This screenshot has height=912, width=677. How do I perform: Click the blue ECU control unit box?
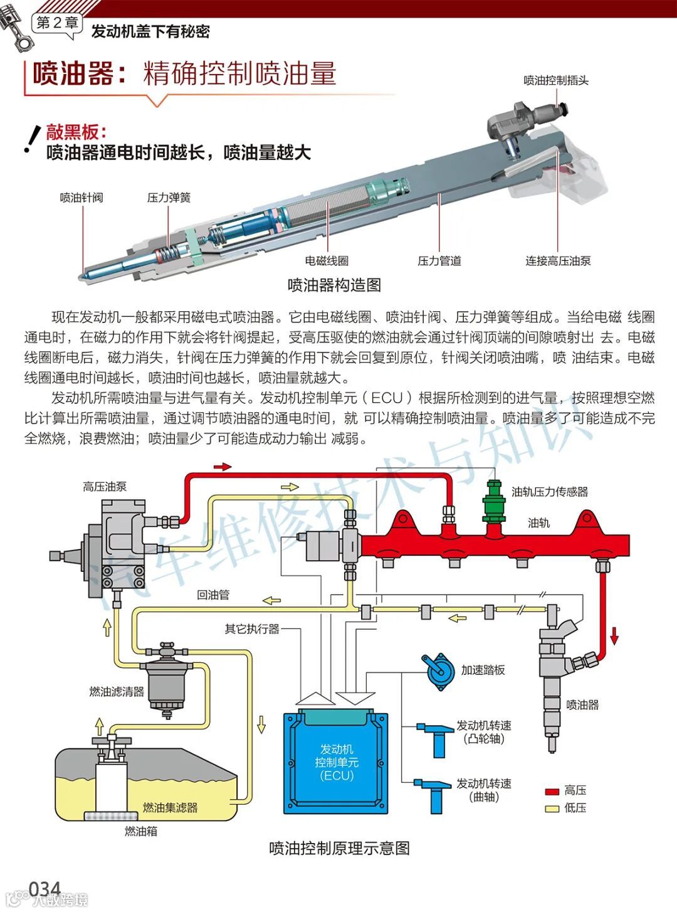(337, 761)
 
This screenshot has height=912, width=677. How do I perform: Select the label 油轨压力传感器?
(550, 492)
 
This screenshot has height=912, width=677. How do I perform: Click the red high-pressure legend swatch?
(552, 792)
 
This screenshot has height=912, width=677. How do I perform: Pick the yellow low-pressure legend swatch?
(552, 809)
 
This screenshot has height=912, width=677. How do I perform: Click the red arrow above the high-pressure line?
(223, 467)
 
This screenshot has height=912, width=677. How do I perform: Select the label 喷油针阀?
(81, 198)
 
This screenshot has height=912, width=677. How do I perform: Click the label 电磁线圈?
(327, 261)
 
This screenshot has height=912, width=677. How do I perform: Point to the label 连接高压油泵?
(558, 261)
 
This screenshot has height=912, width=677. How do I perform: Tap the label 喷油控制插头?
(556, 80)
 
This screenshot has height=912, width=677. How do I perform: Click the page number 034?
(45, 889)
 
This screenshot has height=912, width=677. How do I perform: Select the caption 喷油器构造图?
(334, 285)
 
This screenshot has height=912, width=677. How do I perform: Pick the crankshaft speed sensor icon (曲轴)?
(434, 793)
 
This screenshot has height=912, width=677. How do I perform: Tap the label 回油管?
(213, 595)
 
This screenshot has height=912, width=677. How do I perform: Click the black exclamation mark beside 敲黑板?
(29, 141)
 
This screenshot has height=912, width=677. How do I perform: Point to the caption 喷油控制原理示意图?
(339, 849)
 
